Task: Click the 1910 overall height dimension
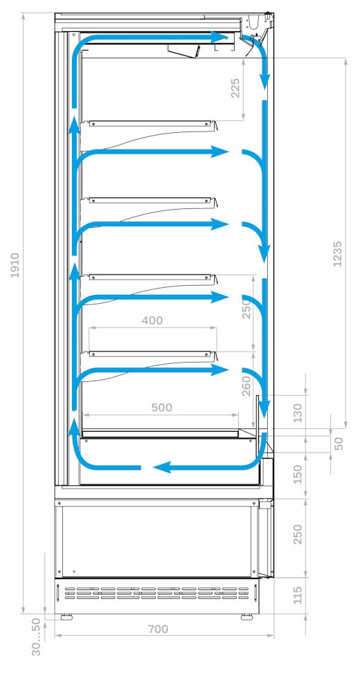(x=15, y=265)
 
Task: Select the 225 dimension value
(x=235, y=88)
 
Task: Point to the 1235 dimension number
(x=337, y=254)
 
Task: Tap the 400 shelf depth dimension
(x=152, y=320)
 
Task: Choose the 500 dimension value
(x=161, y=408)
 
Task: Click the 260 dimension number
(x=246, y=386)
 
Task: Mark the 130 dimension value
(x=297, y=413)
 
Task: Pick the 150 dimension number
(x=297, y=475)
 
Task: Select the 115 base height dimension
(x=297, y=595)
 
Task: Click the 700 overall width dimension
(x=158, y=629)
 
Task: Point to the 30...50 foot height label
(x=36, y=637)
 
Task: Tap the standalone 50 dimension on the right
(x=339, y=443)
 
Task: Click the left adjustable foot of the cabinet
(x=66, y=617)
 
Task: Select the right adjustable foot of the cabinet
(x=247, y=617)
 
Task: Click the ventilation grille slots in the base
(x=157, y=593)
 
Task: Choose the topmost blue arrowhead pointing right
(x=219, y=37)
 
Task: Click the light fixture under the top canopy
(x=184, y=51)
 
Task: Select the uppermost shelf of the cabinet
(x=151, y=125)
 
